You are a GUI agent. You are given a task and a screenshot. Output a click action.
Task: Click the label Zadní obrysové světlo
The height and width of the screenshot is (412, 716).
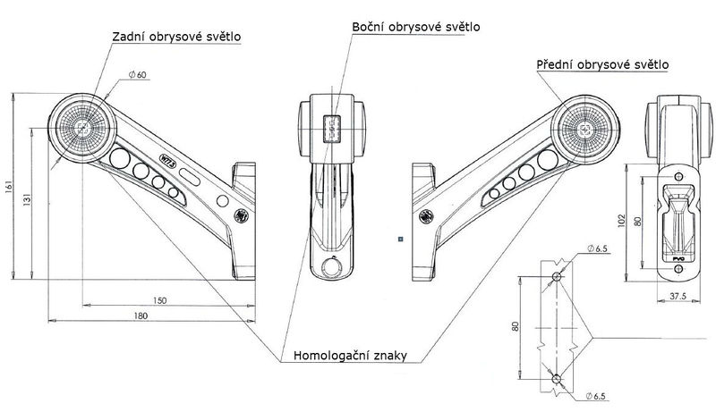[x=178, y=37]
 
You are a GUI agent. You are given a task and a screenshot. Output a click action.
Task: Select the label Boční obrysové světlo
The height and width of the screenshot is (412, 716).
[x=415, y=27]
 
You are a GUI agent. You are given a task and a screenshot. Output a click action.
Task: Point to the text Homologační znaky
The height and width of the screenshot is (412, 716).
[x=351, y=356]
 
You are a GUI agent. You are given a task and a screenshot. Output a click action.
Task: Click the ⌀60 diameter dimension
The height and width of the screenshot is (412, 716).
[x=138, y=76]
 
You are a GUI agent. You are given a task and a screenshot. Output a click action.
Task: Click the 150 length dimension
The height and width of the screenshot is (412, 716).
[x=159, y=300]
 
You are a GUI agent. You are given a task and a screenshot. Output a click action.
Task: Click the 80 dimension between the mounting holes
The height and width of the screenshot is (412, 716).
[x=516, y=327]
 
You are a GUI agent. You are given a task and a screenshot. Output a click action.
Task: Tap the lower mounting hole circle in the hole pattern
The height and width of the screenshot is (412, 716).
[x=557, y=376]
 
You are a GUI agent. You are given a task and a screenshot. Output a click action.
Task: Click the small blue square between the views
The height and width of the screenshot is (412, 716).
[x=402, y=239]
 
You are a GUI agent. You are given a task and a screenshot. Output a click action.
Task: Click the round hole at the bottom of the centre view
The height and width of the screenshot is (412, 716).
[x=332, y=266]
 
